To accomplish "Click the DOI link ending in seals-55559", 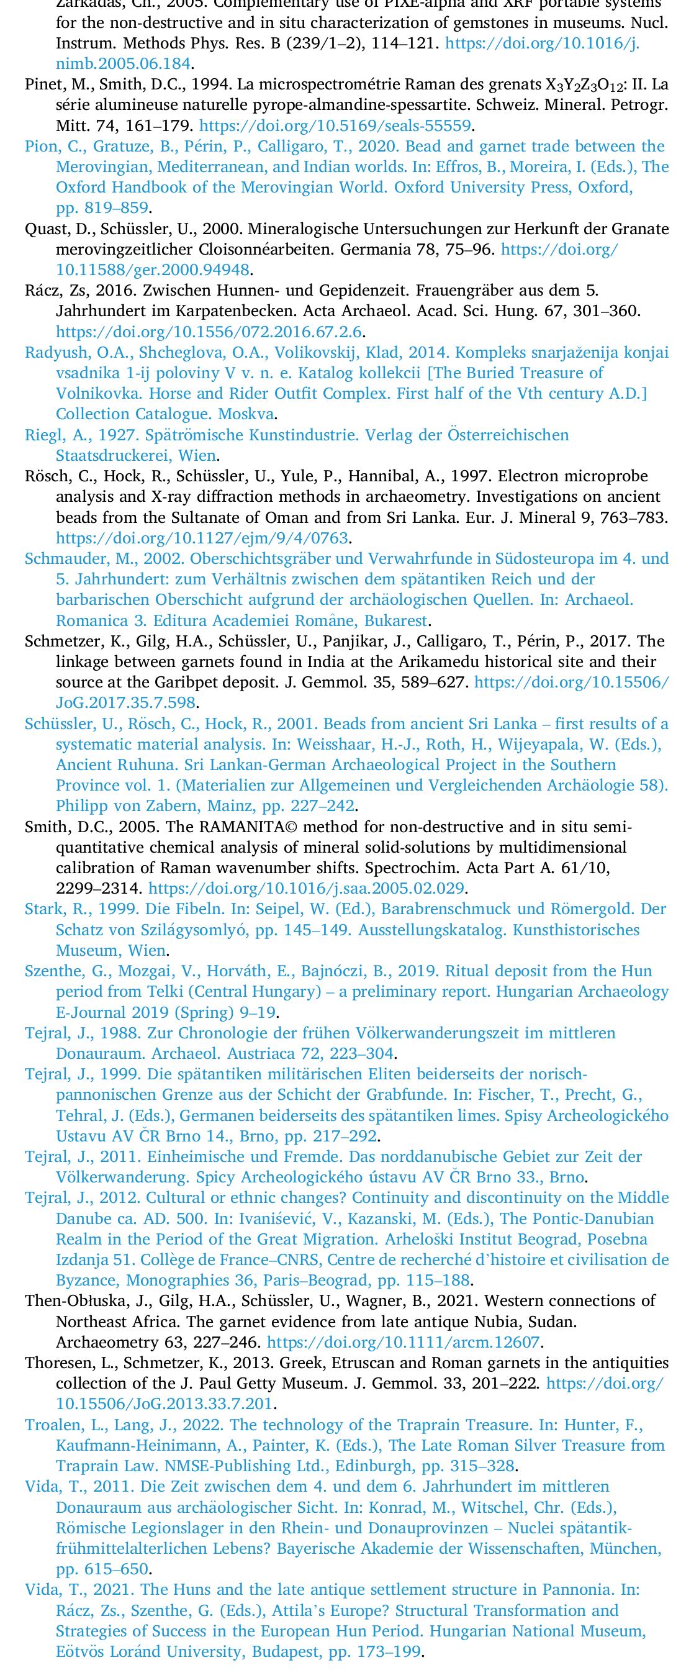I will [336, 125].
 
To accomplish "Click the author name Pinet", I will [42, 84].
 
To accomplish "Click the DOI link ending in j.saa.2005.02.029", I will [306, 888].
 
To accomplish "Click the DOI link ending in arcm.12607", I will [404, 1342].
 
